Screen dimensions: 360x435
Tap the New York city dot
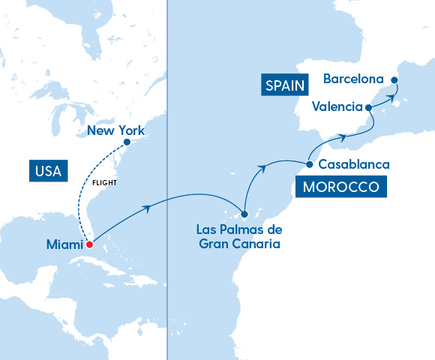click(x=127, y=142)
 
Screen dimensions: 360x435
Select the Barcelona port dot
click(x=395, y=79)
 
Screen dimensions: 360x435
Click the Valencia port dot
click(x=368, y=108)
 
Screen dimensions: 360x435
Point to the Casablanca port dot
click(x=309, y=163)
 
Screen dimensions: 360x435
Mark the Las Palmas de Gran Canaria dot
click(x=244, y=214)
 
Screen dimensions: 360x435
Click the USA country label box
click(x=46, y=170)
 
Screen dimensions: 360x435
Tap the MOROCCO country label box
click(x=341, y=187)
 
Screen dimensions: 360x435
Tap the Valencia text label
click(x=337, y=106)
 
